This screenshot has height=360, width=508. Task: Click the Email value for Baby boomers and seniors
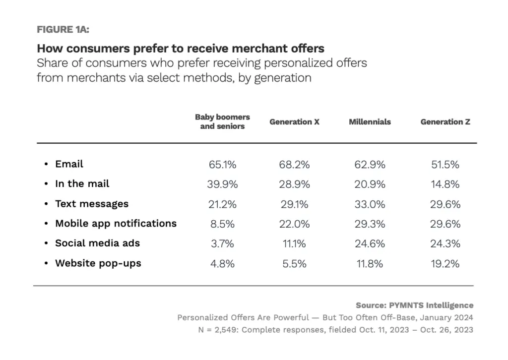coord(222,165)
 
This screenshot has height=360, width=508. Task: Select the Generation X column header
coord(294,122)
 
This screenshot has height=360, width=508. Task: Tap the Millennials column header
coord(370,122)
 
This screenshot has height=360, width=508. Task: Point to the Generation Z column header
coord(445,122)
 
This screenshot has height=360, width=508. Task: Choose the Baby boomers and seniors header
coord(222,122)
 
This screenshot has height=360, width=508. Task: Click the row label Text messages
coord(92,204)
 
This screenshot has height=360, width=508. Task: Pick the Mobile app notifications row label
coord(116,224)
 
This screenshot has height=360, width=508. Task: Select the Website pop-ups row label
coord(98,263)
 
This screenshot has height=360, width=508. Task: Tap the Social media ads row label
coord(97,243)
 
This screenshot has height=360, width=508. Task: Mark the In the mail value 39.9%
coord(222,184)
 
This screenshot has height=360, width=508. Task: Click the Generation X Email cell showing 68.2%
coord(294,165)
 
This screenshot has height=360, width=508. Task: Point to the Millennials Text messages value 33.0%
coord(370,204)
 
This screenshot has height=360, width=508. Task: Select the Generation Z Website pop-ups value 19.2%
coord(445,264)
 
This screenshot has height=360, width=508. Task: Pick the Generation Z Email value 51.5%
coord(445,165)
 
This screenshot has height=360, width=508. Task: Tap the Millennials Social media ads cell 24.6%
coord(370,244)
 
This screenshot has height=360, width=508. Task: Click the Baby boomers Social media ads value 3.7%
coord(222,244)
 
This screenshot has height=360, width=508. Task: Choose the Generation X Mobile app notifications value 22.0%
coord(294,224)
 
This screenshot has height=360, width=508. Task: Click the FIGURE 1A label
coord(63,29)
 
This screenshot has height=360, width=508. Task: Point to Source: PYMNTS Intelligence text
coord(414,305)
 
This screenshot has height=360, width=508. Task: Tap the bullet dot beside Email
coord(46,165)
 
